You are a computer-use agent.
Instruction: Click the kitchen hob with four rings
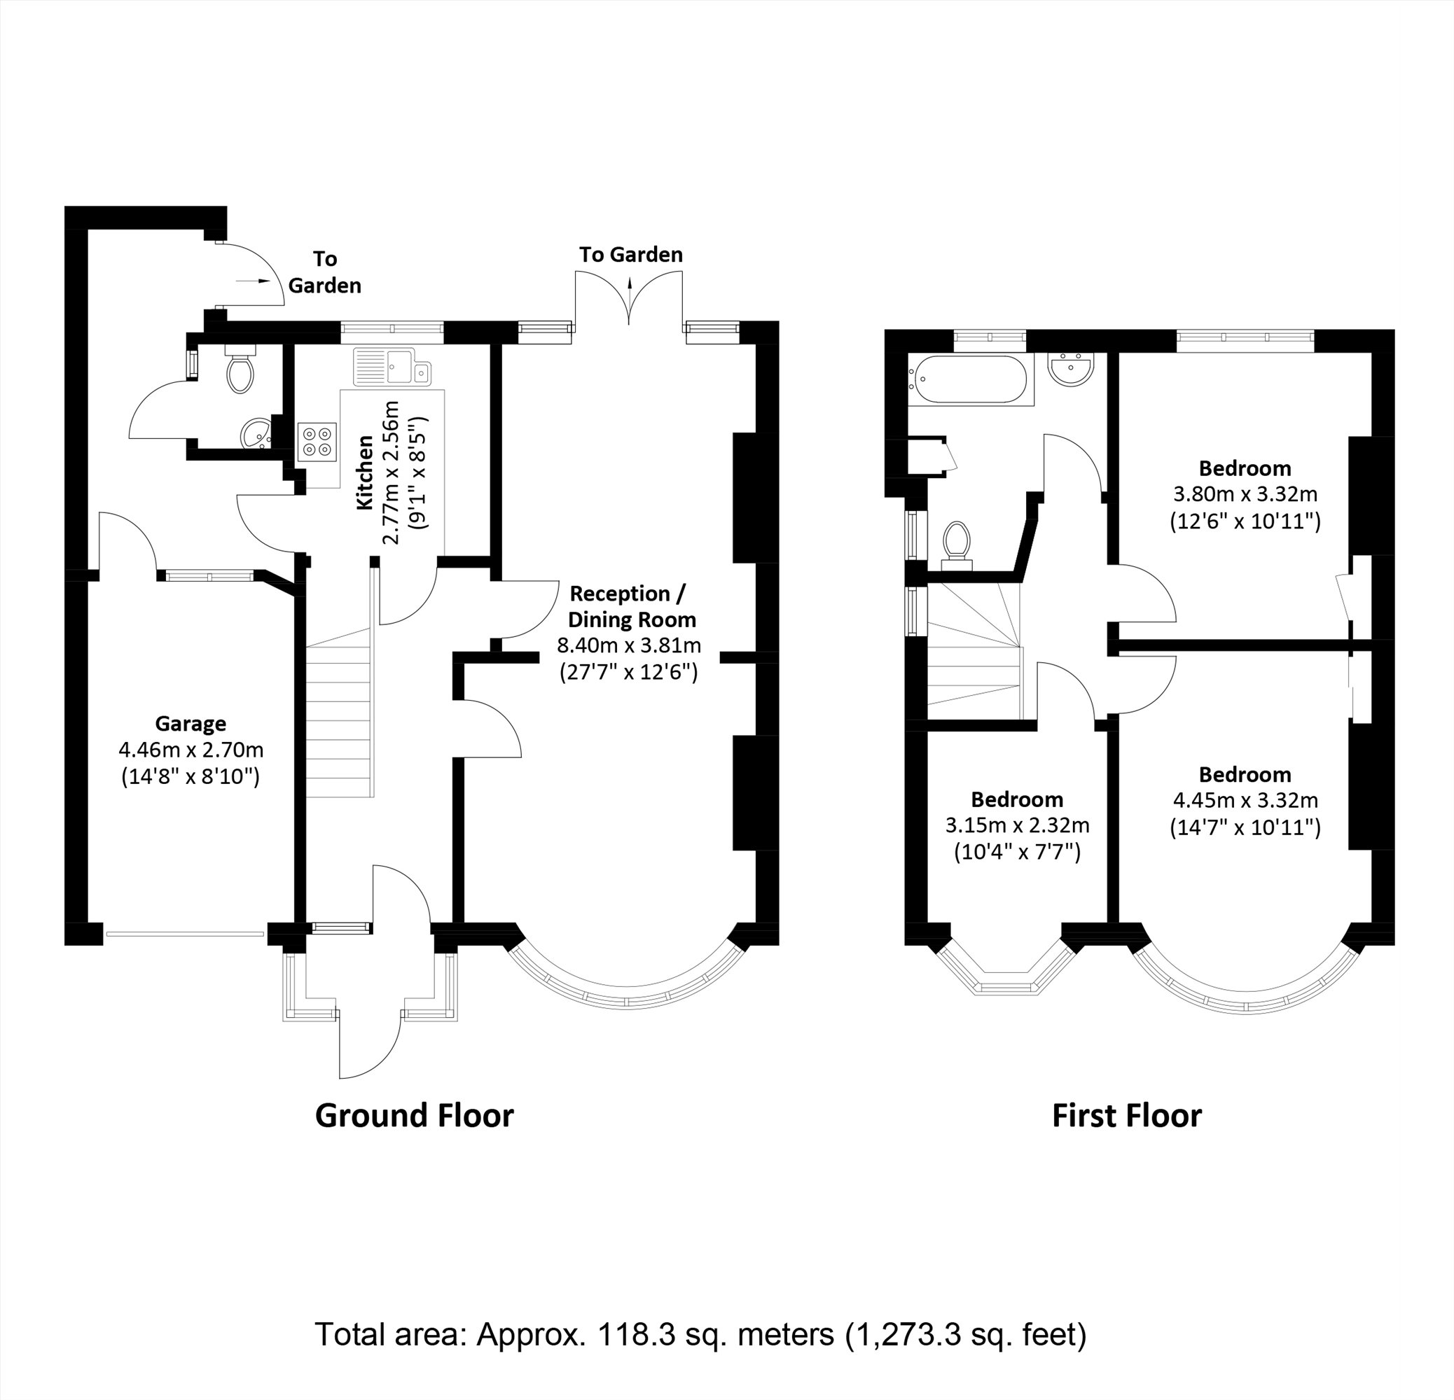[317, 442]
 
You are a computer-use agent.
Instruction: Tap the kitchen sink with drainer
[392, 366]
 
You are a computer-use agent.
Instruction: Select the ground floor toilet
[240, 372]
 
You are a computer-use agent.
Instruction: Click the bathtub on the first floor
[970, 379]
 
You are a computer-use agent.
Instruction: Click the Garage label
[191, 724]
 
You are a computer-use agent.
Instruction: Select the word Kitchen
[364, 472]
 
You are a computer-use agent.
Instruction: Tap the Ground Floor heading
[414, 1116]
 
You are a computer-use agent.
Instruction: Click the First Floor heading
[1126, 1116]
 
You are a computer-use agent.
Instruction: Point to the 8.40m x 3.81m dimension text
[629, 645]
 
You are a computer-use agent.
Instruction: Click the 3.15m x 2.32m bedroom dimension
[1017, 825]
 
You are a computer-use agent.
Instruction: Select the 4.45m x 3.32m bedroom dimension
[1245, 800]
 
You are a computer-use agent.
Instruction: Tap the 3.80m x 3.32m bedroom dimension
[1245, 494]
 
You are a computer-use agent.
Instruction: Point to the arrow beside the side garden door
[254, 281]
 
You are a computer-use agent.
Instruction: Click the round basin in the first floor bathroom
[1069, 368]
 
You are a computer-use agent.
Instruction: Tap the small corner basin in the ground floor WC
[256, 433]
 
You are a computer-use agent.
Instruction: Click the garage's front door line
[185, 934]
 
